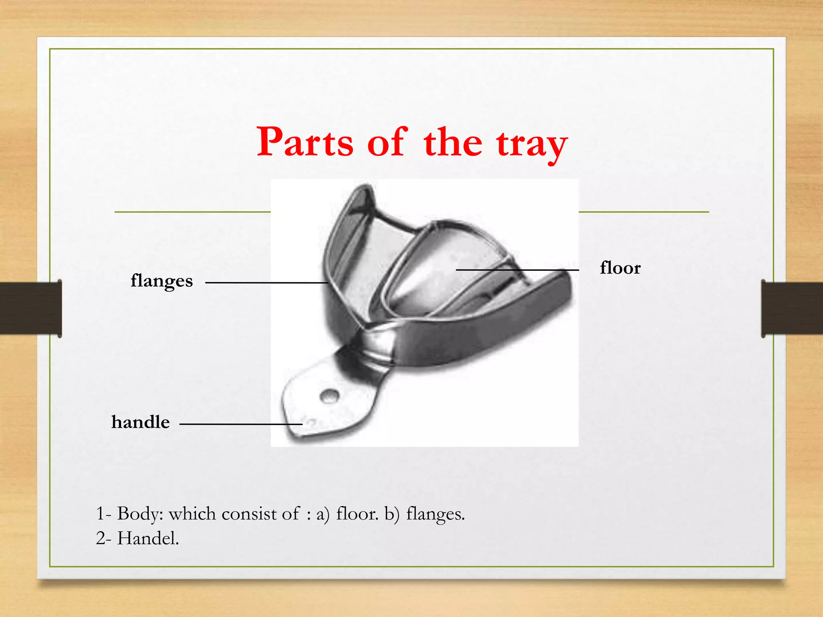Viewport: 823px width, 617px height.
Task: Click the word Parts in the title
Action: tap(305, 142)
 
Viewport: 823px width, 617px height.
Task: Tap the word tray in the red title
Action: tap(531, 144)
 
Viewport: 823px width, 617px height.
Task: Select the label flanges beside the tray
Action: tap(162, 281)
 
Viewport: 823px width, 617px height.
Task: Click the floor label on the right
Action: tap(620, 268)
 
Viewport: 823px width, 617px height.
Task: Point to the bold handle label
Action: tap(141, 422)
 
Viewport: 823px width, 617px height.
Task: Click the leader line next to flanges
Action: tap(266, 283)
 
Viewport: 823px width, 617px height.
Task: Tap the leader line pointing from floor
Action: tap(518, 270)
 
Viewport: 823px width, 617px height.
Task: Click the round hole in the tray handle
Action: tap(329, 396)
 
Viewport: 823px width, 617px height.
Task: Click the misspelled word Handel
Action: tap(148, 538)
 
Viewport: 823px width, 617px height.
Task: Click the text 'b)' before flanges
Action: tap(392, 514)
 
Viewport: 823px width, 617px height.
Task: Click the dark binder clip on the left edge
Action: tap(31, 308)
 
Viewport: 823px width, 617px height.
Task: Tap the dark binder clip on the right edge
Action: tap(792, 308)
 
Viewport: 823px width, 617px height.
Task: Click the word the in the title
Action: tap(453, 142)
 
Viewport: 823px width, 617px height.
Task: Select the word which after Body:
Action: tap(192, 514)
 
